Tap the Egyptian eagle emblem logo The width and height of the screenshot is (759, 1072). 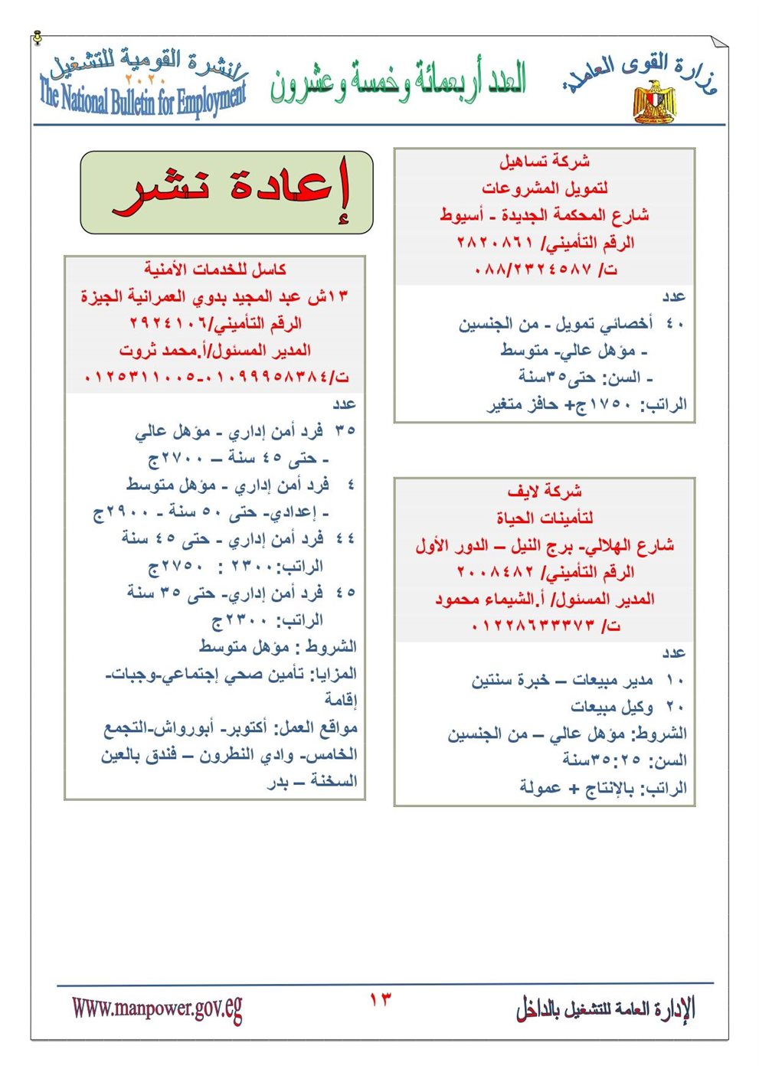click(655, 101)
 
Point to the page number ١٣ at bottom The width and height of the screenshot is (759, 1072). click(380, 999)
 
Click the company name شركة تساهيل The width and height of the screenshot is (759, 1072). click(545, 162)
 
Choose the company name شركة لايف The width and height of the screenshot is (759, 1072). click(545, 491)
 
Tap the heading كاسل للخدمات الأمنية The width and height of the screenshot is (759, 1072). click(215, 270)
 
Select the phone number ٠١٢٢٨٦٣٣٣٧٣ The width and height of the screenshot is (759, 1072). click(532, 626)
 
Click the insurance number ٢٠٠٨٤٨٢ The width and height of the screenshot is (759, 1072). click(495, 572)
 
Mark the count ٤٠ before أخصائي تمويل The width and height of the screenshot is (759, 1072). click(675, 324)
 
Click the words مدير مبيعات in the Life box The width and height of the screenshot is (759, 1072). click(613, 680)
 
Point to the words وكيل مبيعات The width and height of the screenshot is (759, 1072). click(611, 707)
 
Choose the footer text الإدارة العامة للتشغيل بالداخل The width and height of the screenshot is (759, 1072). click(605, 1009)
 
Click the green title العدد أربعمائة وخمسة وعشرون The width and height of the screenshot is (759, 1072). click(398, 83)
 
